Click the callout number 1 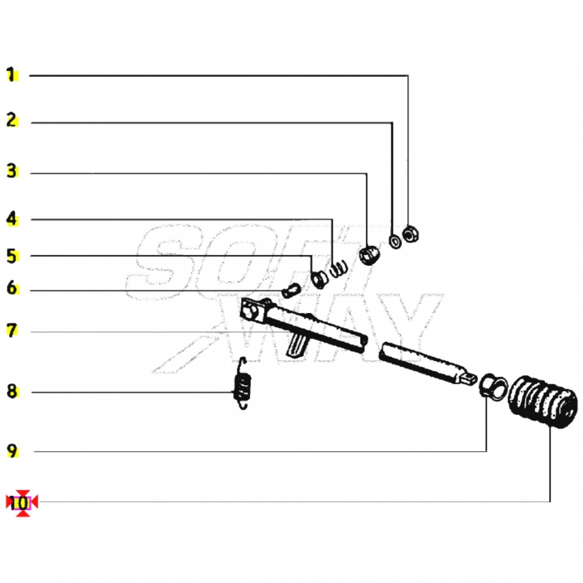pos(12,75)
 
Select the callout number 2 pos(12,120)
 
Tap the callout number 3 pos(12,171)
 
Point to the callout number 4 pos(12,218)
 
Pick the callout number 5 pos(12,257)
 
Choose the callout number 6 pos(12,288)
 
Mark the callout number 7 pos(12,331)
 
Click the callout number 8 pos(12,392)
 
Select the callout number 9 pos(12,452)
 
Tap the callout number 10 pos(19,503)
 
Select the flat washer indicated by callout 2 pos(395,242)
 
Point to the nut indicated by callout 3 pos(369,255)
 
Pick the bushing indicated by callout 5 pos(319,279)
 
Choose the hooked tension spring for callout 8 pos(242,383)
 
